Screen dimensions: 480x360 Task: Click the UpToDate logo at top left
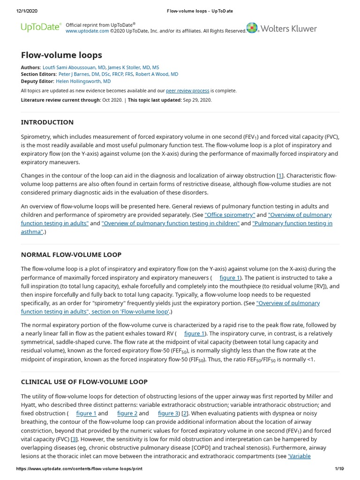pyautogui.click(x=40, y=27)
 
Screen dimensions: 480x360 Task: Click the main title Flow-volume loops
pyautogui.click(x=61, y=55)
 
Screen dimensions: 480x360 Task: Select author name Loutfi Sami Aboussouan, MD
pyautogui.click(x=74, y=67)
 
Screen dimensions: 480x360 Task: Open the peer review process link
pyautogui.click(x=187, y=90)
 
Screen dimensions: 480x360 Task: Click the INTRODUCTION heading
pyautogui.click(x=47, y=122)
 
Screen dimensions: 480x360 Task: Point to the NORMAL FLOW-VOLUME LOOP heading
pyautogui.click(x=71, y=255)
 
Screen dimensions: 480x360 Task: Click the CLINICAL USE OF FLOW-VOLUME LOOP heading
pyautogui.click(x=84, y=382)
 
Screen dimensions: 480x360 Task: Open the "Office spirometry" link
pyautogui.click(x=230, y=215)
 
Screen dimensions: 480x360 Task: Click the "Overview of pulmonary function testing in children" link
pyautogui.click(x=170, y=223)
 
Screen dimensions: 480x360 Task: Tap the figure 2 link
pyautogui.click(x=127, y=413)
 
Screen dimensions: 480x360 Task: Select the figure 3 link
pyautogui.click(x=168, y=413)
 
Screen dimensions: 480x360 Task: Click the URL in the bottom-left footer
pyautogui.click(x=79, y=468)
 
